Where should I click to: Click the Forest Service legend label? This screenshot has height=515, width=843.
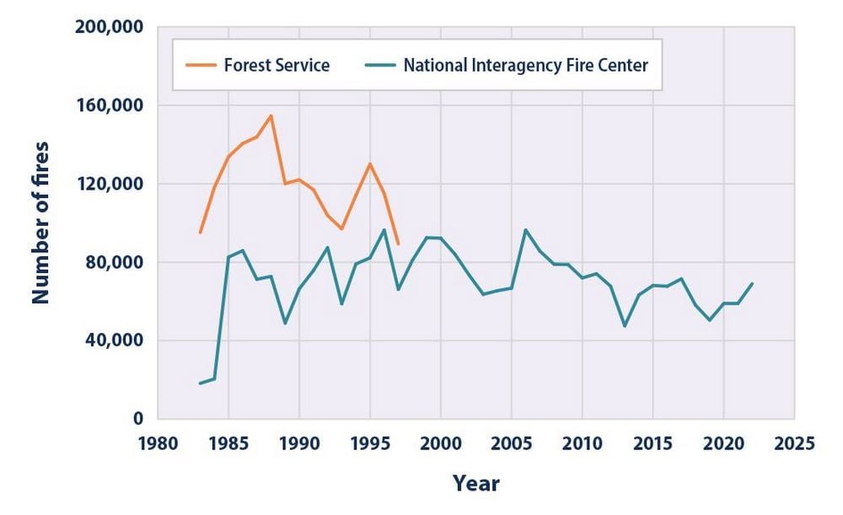[277, 65]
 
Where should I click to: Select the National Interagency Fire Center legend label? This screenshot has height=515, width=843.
[525, 65]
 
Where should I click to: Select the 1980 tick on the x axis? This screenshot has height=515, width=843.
[158, 443]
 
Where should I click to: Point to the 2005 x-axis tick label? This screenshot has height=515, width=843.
[511, 443]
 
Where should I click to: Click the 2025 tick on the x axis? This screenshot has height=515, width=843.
[793, 443]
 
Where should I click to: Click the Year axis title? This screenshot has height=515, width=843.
[475, 483]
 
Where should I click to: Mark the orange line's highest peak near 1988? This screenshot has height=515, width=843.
[271, 115]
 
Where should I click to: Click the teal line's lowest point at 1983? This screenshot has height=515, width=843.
[200, 384]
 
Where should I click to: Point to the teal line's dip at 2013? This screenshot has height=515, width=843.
[625, 325]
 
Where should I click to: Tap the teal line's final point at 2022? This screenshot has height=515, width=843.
[752, 283]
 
